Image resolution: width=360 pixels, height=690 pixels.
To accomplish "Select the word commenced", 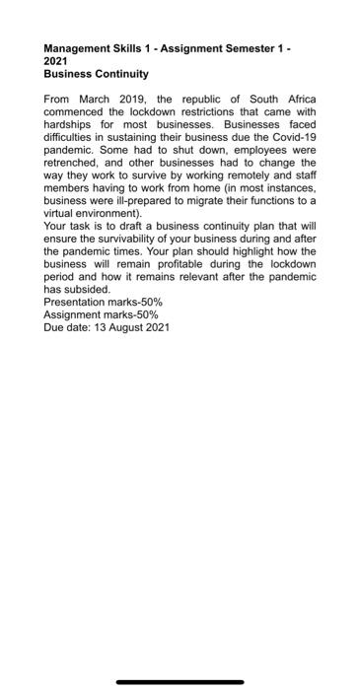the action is coord(74,112).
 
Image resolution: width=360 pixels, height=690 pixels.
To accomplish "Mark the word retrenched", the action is coord(71,164).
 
